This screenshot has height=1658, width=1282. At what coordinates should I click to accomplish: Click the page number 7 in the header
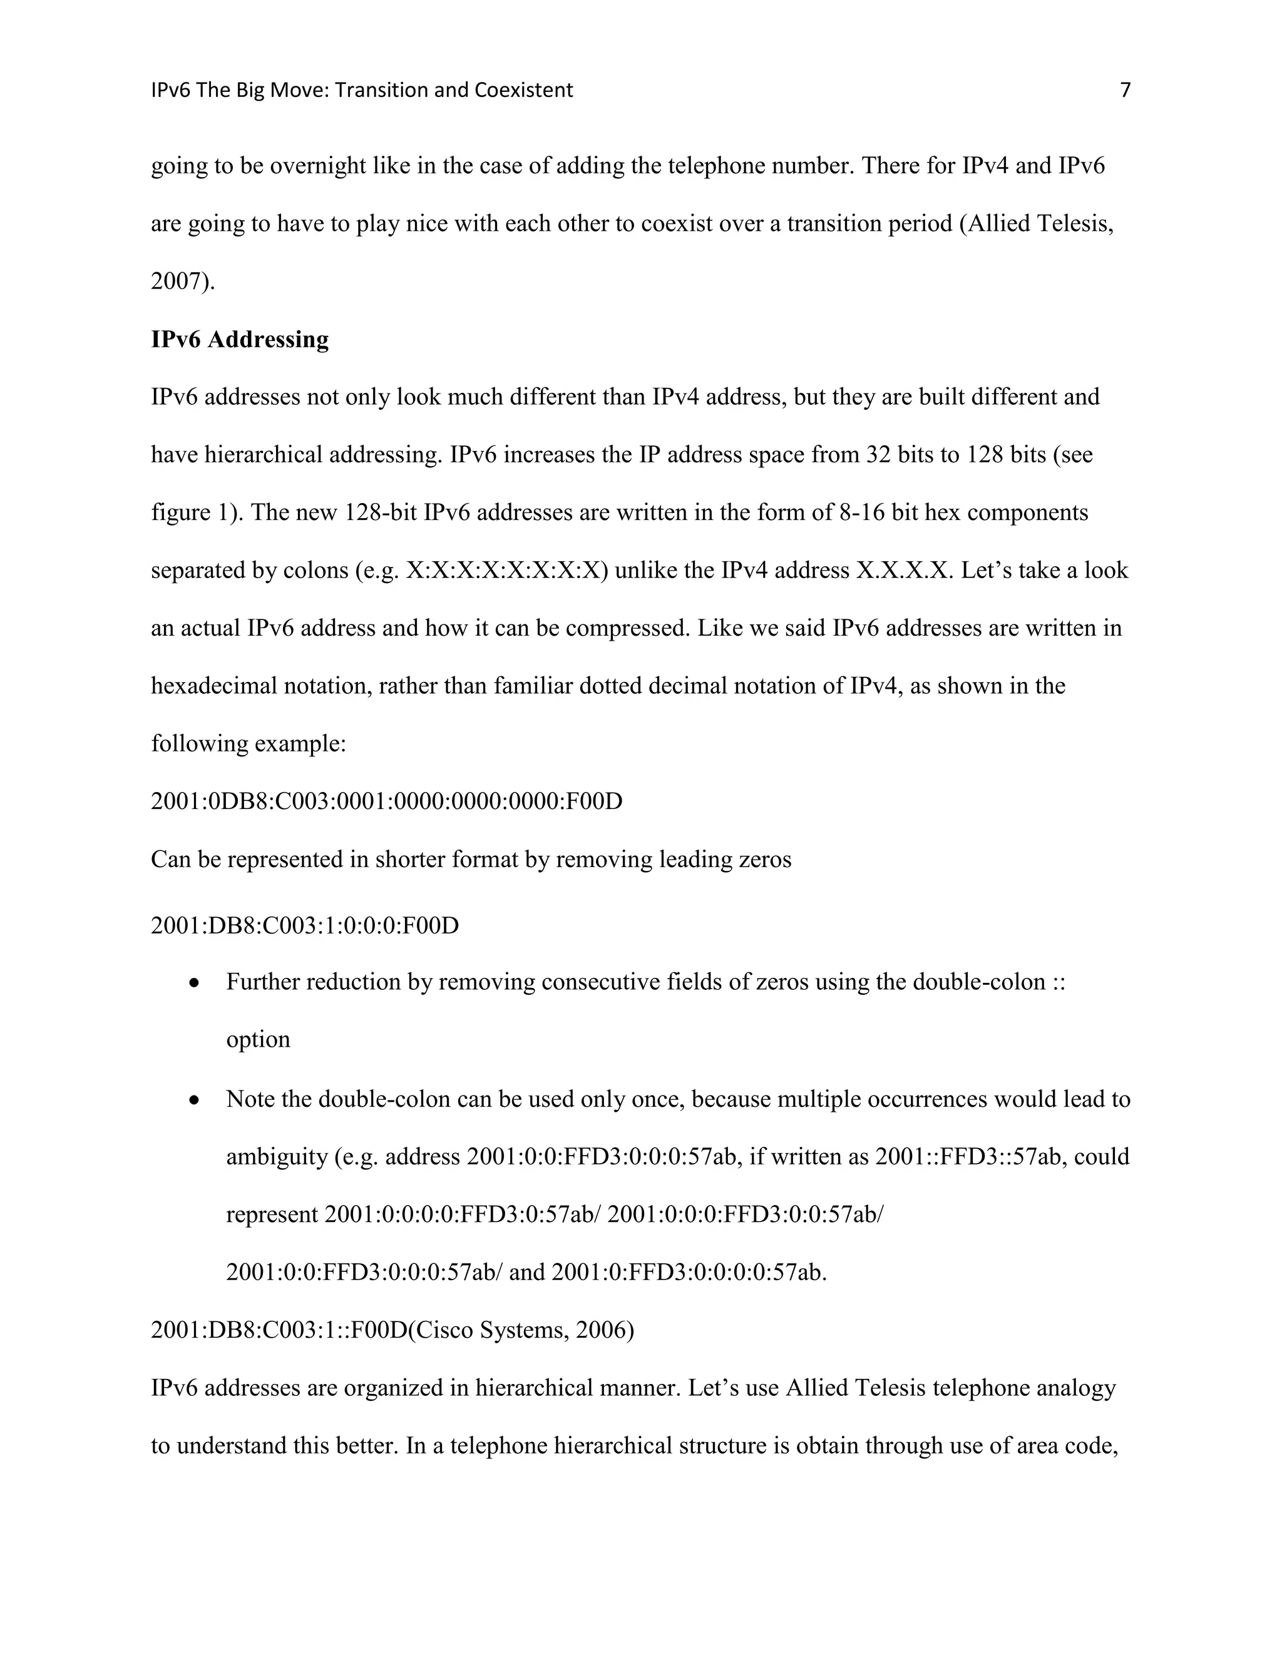(1125, 90)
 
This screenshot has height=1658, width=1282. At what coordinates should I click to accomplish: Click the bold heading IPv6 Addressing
(239, 339)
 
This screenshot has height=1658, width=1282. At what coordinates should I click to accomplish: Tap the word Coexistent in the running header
(523, 90)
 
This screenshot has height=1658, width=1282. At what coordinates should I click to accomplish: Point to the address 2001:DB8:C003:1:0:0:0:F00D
(305, 926)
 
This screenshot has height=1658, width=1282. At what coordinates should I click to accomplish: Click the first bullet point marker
(195, 983)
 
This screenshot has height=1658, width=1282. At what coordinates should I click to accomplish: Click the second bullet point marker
(195, 1100)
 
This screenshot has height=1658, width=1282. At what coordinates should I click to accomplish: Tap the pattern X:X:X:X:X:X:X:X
(506, 570)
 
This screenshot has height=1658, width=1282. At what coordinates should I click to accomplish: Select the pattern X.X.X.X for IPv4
(904, 570)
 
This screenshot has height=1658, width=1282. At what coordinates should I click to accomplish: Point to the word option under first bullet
(259, 1039)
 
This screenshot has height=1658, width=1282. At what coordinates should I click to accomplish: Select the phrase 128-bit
(380, 512)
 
